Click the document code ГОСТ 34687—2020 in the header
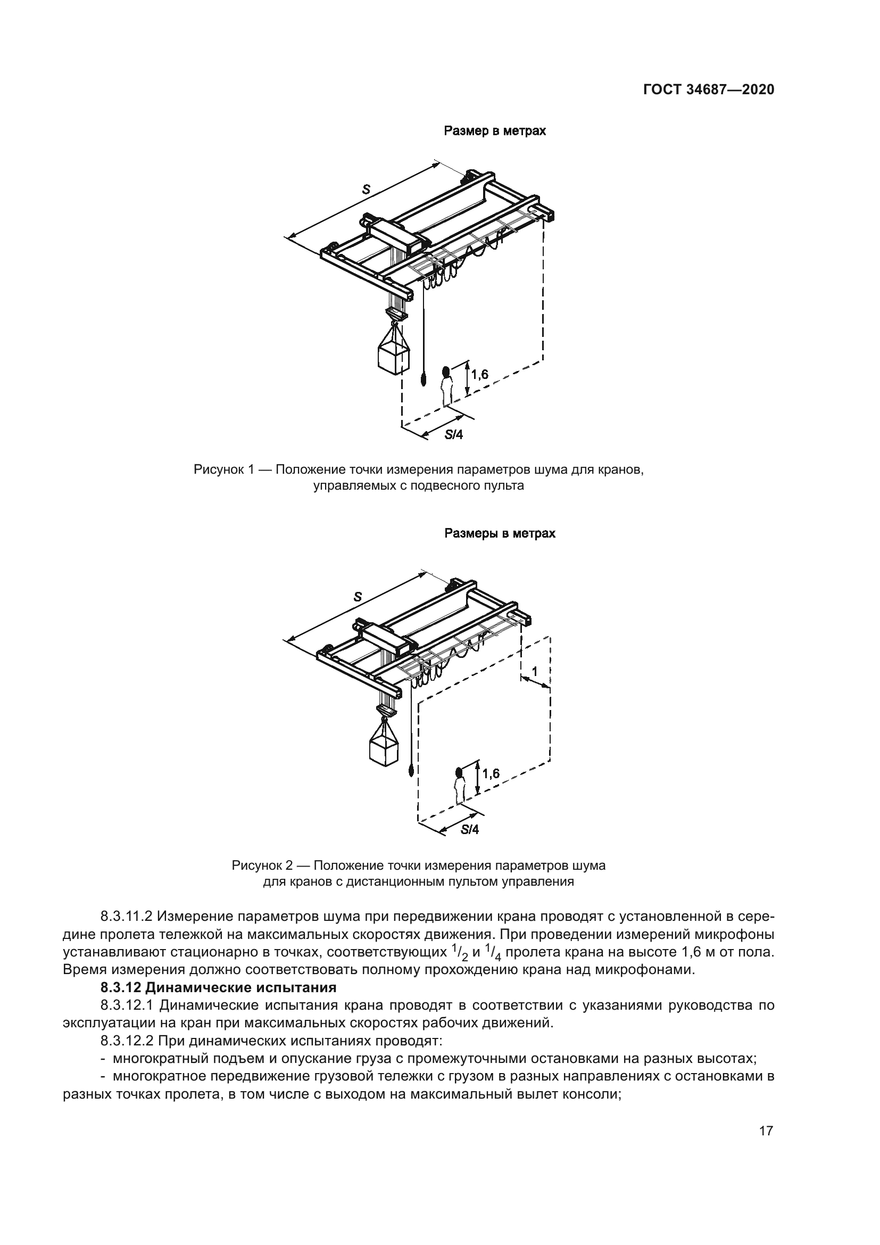(x=708, y=90)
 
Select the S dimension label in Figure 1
(x=366, y=189)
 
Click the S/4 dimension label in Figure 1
(x=454, y=434)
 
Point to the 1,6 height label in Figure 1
(x=479, y=374)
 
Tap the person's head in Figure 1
(x=446, y=372)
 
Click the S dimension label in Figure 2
(x=357, y=597)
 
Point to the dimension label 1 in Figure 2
(x=535, y=671)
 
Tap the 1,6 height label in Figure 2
(x=491, y=774)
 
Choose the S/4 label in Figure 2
(x=470, y=829)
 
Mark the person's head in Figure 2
(x=460, y=772)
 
